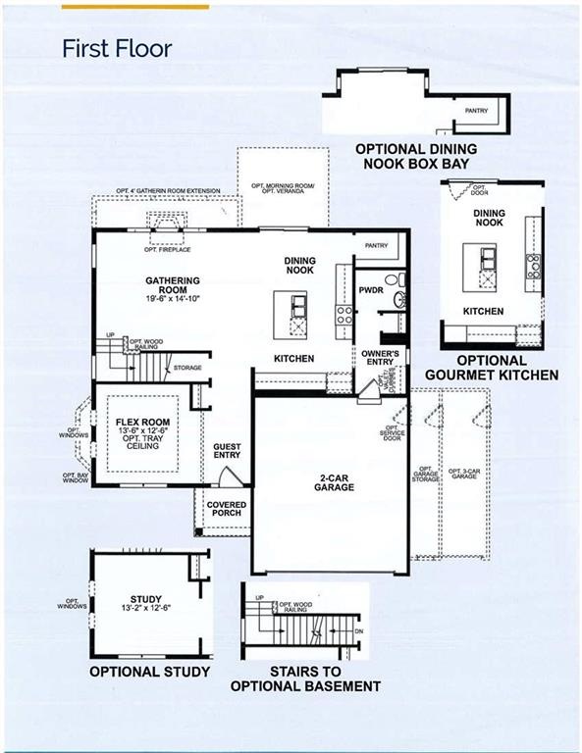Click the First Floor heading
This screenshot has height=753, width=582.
coord(117,48)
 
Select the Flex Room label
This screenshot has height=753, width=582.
coord(136,422)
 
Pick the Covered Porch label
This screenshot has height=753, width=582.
coord(226,510)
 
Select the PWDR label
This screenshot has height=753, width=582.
coord(371,291)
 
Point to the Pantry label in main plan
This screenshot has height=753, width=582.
coord(377,245)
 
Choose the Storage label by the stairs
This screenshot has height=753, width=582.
coord(187,368)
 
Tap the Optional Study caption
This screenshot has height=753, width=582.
coord(150,672)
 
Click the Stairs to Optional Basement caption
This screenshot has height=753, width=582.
coord(305,678)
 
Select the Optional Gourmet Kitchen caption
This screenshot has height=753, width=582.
coord(493,368)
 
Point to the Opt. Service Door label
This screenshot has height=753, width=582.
coord(394,432)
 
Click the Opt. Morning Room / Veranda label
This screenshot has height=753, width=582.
coord(278,187)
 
